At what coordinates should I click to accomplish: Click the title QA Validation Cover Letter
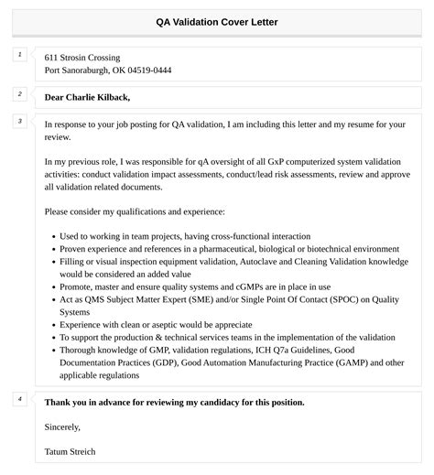coord(217,21)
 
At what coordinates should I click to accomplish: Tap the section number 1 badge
coord(19,55)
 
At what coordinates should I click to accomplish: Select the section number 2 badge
coord(19,94)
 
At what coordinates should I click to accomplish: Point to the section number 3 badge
coord(19,121)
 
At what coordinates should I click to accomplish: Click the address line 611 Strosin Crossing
coord(81,57)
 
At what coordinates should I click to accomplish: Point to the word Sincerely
coord(62,426)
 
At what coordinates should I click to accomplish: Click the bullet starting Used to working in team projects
coord(184,236)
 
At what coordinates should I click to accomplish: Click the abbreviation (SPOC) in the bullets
coord(326,298)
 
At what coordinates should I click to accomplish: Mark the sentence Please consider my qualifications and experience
coord(135,211)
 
